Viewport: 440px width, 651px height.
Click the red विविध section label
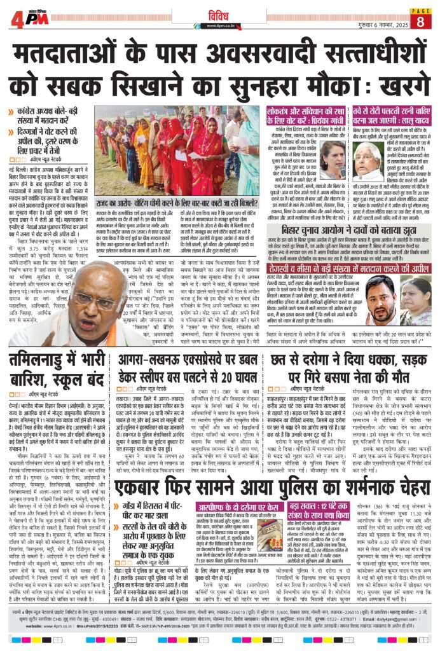click(219, 11)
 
